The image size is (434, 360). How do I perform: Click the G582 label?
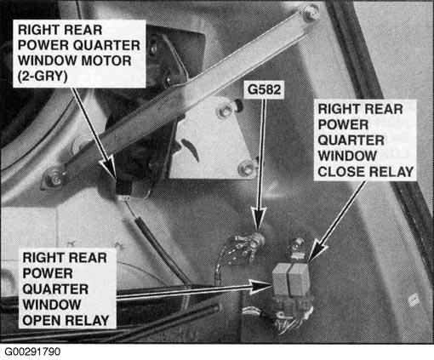264,89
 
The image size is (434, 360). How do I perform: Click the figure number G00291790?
32,351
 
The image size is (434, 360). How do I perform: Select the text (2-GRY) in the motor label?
43,77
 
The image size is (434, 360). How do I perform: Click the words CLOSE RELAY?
365,172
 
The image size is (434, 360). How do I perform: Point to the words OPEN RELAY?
66,321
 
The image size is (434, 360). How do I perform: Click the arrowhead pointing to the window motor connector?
110,168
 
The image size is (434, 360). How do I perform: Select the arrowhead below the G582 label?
258,218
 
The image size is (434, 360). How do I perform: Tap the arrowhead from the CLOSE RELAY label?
316,251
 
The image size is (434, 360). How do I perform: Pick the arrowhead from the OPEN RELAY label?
260,286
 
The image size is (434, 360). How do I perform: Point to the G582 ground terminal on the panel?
257,240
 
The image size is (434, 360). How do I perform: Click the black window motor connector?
123,187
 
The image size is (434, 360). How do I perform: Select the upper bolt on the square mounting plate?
225,111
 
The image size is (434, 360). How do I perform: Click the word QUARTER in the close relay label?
351,140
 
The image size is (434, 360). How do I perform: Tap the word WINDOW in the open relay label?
52,305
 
